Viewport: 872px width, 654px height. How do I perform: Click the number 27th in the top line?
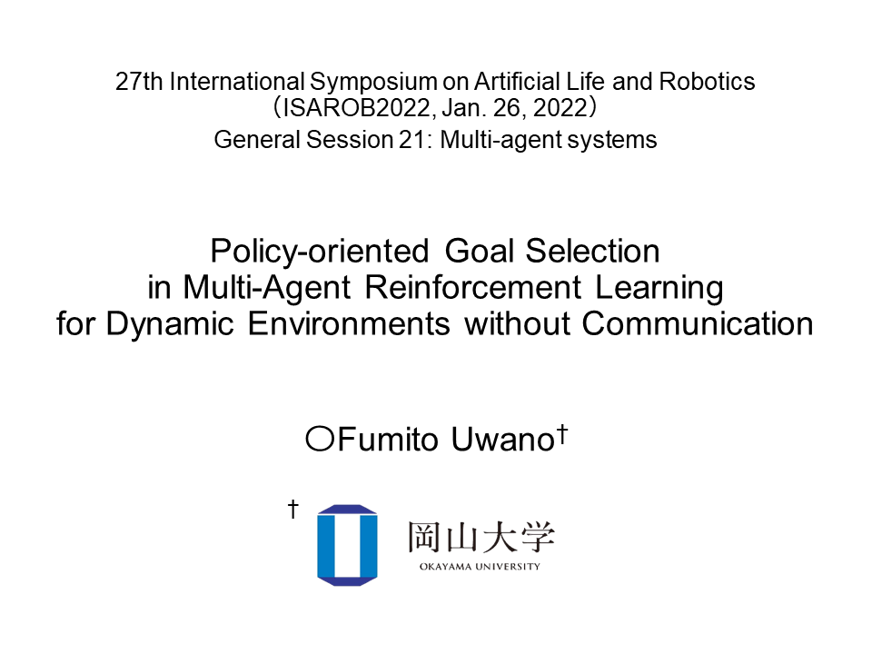pyautogui.click(x=139, y=82)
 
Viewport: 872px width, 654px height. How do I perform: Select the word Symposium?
pyautogui.click(x=373, y=83)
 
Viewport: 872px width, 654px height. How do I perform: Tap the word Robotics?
pyautogui.click(x=707, y=82)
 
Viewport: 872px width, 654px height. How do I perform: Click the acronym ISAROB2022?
pyautogui.click(x=356, y=108)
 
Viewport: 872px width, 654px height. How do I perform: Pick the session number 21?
pyautogui.click(x=412, y=140)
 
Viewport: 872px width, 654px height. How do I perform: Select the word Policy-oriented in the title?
pyautogui.click(x=320, y=252)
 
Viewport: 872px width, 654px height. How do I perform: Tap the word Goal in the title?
pyautogui.click(x=480, y=252)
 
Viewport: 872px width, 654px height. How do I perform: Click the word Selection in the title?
pyautogui.click(x=593, y=252)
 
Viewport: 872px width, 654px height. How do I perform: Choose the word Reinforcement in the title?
pyautogui.click(x=473, y=288)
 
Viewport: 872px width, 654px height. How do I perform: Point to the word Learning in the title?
pyautogui.click(x=659, y=289)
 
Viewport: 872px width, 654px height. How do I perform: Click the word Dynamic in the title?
pyautogui.click(x=170, y=325)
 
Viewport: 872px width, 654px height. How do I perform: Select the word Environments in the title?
pyautogui.click(x=349, y=324)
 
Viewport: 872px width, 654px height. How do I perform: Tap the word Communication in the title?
pyautogui.click(x=698, y=324)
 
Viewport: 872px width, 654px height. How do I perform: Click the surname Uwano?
pyautogui.click(x=502, y=440)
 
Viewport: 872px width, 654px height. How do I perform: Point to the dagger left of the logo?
pyautogui.click(x=293, y=509)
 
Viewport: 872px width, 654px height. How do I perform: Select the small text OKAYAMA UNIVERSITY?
pyautogui.click(x=480, y=567)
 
